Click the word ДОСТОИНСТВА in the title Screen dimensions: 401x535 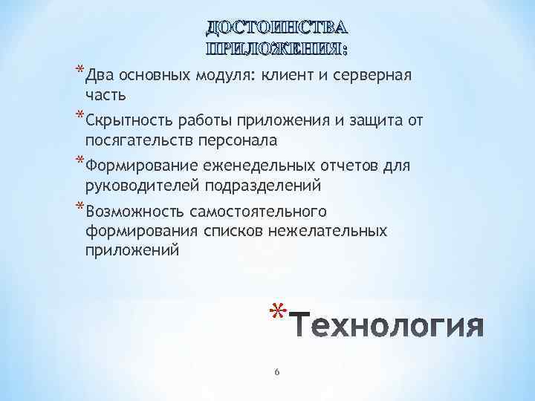(276, 29)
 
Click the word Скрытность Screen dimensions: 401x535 (126, 121)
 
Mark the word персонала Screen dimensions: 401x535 (242, 140)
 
